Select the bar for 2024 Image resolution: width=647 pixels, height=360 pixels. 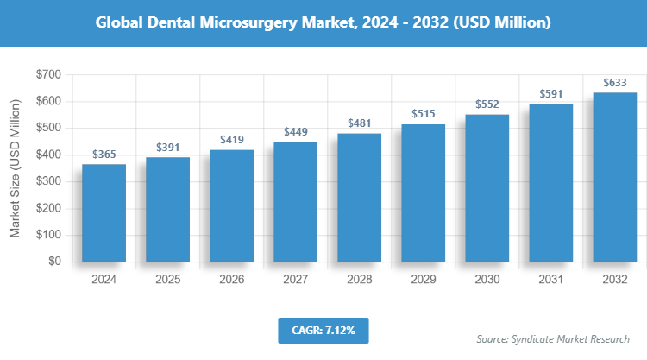[x=104, y=212]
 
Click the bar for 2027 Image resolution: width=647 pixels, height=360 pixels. [x=296, y=201]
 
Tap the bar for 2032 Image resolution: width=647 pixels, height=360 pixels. [x=615, y=177]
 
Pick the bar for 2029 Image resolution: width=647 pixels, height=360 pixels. [x=424, y=193]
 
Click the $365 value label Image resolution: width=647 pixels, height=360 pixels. [x=104, y=154]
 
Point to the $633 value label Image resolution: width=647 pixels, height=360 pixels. [x=615, y=83]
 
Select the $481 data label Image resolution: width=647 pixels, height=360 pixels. [x=360, y=123]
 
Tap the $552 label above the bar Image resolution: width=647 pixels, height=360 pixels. [x=487, y=104]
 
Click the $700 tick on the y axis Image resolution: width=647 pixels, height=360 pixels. [x=48, y=75]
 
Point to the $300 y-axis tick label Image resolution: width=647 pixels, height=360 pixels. [x=48, y=181]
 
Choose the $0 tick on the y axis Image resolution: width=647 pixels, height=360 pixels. [x=54, y=261]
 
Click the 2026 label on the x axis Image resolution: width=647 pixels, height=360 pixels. [x=232, y=280]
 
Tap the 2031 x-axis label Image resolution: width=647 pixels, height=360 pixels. [x=551, y=280]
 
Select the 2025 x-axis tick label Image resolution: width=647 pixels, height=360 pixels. [x=168, y=280]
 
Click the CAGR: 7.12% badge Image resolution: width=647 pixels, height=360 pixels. [x=323, y=330]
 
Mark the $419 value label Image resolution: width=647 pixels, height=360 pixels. [x=232, y=140]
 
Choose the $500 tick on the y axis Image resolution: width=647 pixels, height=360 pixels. [x=48, y=128]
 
